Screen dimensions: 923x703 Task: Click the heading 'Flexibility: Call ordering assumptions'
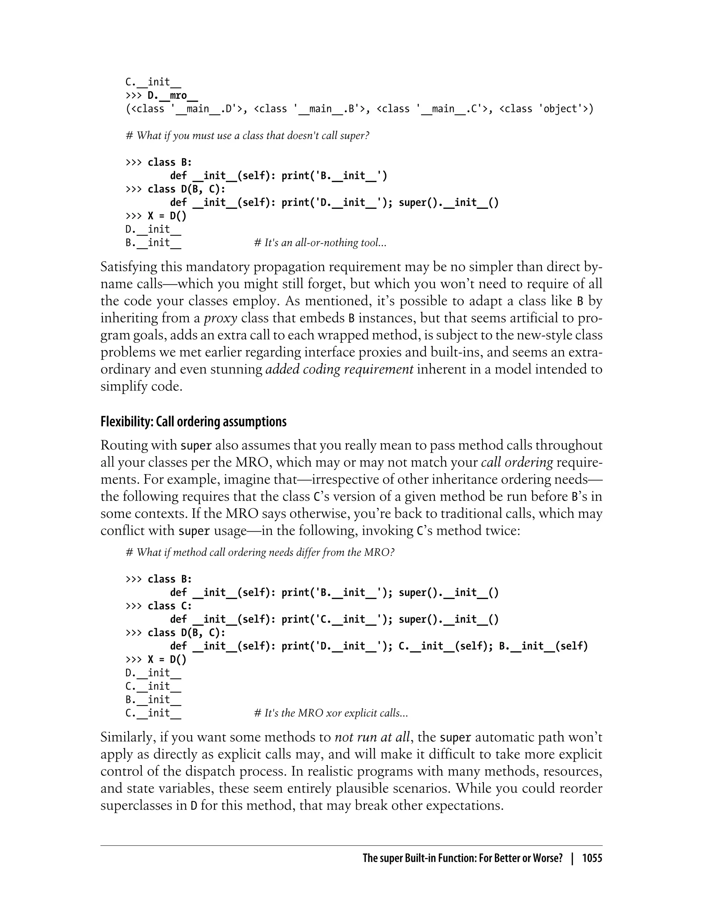pos(193,422)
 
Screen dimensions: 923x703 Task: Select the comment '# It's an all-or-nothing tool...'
pos(320,243)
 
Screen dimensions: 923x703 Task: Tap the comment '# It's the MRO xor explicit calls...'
pos(331,713)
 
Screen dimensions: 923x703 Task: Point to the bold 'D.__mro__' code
pos(172,95)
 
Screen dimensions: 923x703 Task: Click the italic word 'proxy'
pos(220,318)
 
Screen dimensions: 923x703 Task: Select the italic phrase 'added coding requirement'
pos(339,369)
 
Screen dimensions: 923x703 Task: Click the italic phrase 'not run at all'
pos(372,737)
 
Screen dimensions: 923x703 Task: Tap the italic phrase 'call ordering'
pos(517,463)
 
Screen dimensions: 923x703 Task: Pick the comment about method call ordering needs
pos(260,552)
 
